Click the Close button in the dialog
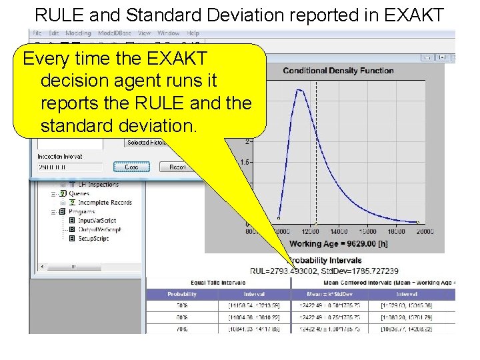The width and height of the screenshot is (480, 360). click(131, 167)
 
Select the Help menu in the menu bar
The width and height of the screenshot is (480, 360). click(193, 33)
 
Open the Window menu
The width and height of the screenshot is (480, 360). click(169, 33)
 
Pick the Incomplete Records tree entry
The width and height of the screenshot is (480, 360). click(105, 203)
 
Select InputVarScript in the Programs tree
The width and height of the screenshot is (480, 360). click(97, 221)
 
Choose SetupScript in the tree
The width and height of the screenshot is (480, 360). click(93, 238)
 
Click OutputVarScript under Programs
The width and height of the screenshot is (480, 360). click(99, 229)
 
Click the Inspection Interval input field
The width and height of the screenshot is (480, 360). click(70, 167)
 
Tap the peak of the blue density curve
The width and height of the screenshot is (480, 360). click(300, 89)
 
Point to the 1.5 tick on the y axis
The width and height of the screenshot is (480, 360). click(245, 162)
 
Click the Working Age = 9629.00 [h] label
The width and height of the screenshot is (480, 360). click(337, 243)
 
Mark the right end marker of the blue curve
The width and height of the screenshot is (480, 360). click(418, 223)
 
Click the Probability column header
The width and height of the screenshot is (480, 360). click(182, 294)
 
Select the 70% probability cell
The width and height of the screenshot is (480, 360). click(182, 329)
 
